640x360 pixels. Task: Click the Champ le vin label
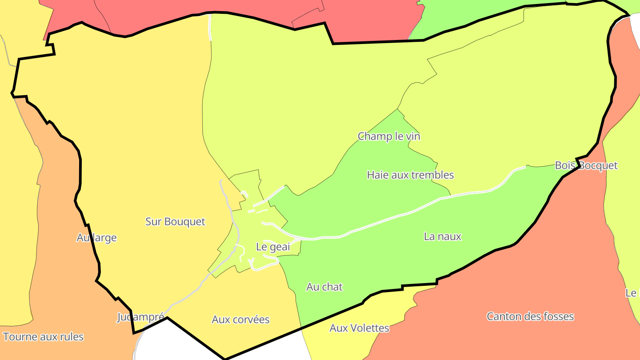(x=389, y=136)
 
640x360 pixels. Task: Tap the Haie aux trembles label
(x=410, y=175)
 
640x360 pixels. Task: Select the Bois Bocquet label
(x=586, y=165)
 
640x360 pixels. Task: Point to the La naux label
(x=443, y=236)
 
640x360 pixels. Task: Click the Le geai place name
(x=273, y=247)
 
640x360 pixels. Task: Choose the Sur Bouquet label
(x=176, y=221)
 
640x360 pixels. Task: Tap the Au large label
(x=96, y=237)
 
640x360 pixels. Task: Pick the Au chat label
(x=324, y=287)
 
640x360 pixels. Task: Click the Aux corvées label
(x=240, y=319)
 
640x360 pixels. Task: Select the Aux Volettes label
(x=359, y=328)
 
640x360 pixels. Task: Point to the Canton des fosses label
(x=530, y=316)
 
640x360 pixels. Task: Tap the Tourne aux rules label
(x=43, y=336)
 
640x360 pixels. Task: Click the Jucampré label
(x=140, y=317)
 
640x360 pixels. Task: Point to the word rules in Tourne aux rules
(x=71, y=336)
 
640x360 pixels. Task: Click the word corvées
(x=253, y=319)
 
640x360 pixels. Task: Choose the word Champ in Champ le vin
(x=372, y=136)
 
